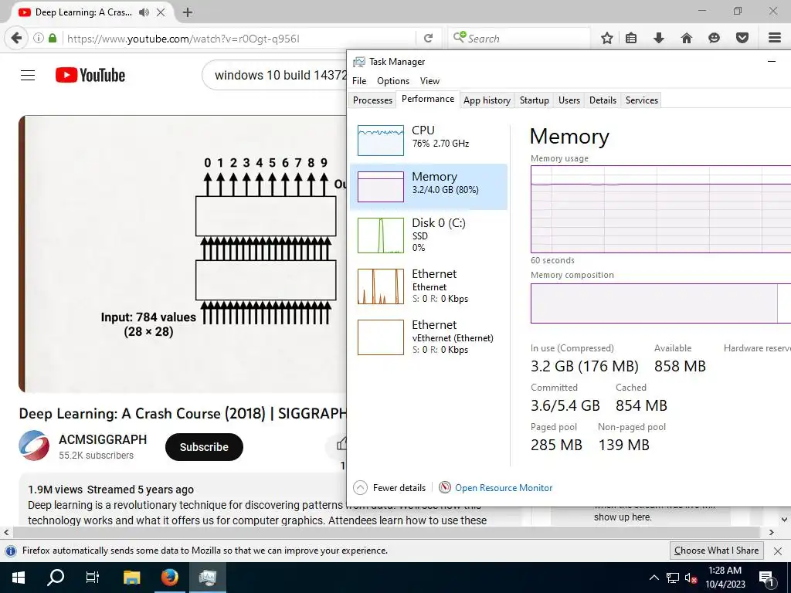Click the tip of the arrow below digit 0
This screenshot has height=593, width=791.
click(x=207, y=173)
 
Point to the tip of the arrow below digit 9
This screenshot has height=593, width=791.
click(x=324, y=173)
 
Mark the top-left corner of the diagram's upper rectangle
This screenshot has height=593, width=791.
click(x=195, y=196)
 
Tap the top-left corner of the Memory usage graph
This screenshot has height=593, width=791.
click(x=531, y=165)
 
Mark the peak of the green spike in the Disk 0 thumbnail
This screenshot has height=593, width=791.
click(x=382, y=219)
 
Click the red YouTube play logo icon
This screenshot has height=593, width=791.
click(x=66, y=75)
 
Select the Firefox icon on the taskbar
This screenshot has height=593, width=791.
click(x=169, y=578)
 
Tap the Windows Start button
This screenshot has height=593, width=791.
click(x=19, y=578)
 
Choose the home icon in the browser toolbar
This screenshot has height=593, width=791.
click(x=687, y=38)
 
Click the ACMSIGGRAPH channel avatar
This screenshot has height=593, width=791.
click(x=34, y=446)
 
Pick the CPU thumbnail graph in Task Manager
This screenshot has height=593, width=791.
click(x=381, y=141)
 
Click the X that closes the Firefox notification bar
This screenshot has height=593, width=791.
click(x=778, y=551)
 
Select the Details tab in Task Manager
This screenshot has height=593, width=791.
click(x=603, y=100)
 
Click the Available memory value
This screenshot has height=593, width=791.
click(x=680, y=366)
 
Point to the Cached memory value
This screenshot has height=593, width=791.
click(x=641, y=405)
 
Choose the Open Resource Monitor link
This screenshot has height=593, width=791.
click(x=504, y=488)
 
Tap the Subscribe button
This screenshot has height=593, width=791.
click(x=204, y=447)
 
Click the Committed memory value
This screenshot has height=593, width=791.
click(x=565, y=405)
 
